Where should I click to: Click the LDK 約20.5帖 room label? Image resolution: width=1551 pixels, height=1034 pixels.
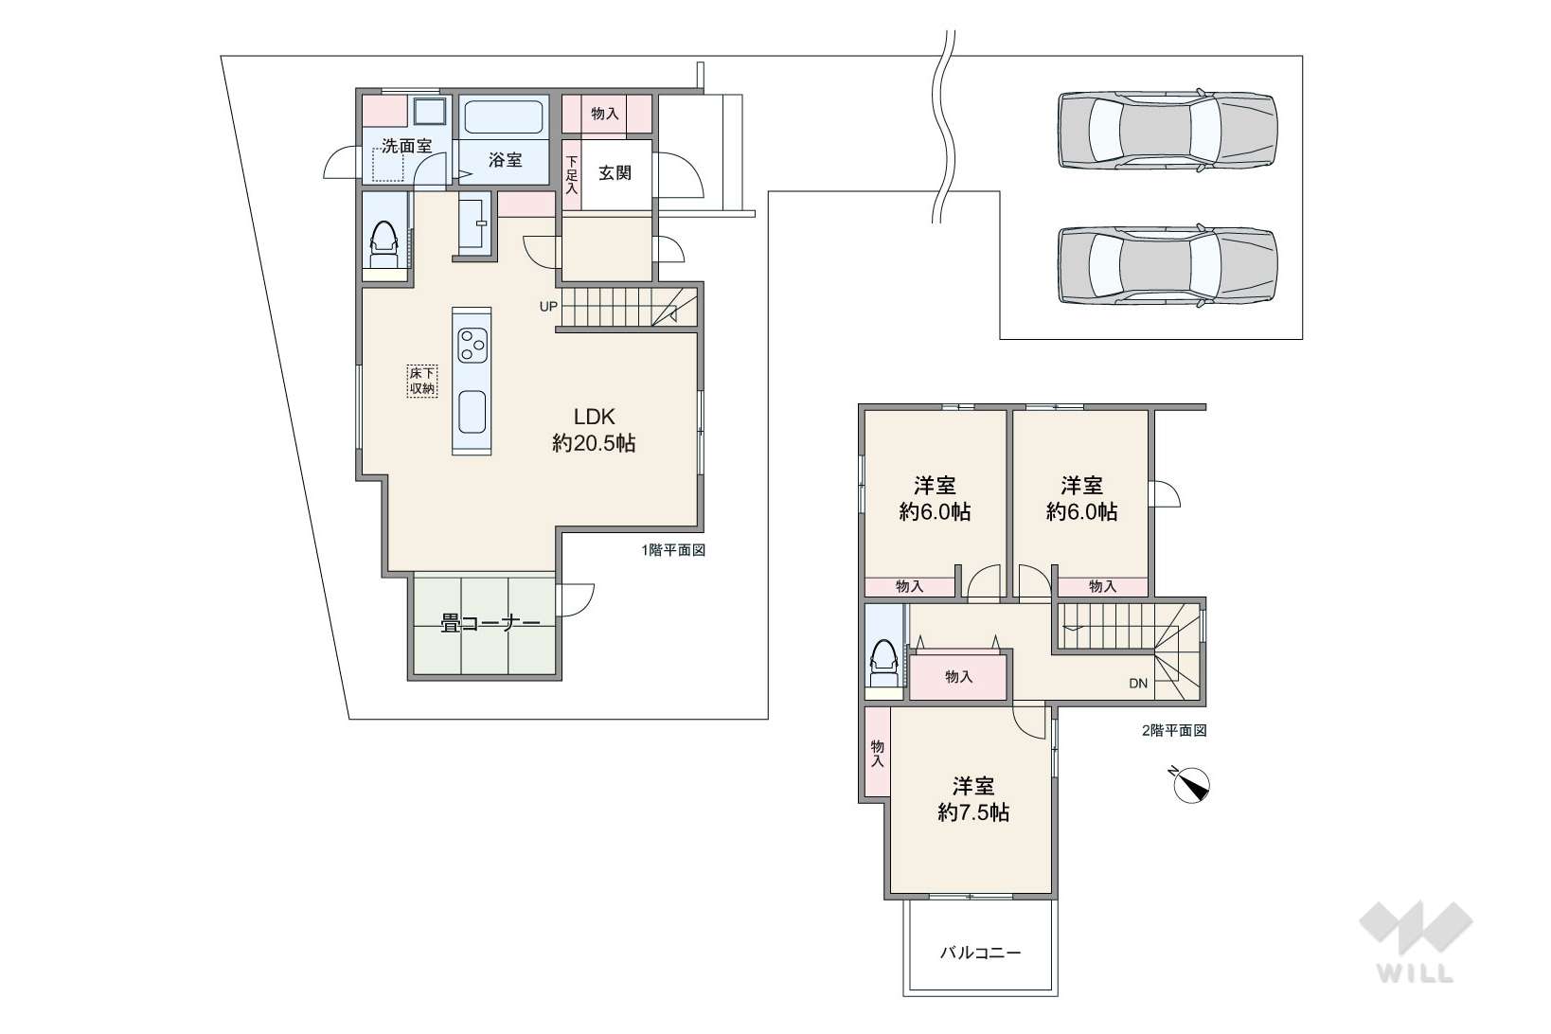click(594, 429)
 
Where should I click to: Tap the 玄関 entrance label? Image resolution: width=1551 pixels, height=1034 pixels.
click(615, 172)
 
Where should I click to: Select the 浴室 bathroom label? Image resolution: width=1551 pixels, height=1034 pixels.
click(505, 160)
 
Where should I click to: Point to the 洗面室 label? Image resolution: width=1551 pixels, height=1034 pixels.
click(406, 146)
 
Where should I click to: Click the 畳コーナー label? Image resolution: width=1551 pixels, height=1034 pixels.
click(490, 624)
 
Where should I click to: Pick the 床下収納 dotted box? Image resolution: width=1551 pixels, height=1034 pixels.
click(421, 381)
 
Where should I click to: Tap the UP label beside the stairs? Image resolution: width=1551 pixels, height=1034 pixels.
click(547, 306)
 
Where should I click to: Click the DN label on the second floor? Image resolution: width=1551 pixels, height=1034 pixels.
click(1138, 684)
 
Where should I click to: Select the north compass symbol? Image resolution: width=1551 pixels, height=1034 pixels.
click(1191, 785)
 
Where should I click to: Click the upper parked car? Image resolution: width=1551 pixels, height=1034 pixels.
click(1168, 130)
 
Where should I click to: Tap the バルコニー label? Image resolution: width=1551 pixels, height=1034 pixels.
click(980, 953)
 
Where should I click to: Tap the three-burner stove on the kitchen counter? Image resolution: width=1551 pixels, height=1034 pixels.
click(472, 345)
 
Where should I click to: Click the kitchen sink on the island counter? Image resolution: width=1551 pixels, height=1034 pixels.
click(472, 412)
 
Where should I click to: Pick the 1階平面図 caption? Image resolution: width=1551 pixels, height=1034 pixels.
click(673, 550)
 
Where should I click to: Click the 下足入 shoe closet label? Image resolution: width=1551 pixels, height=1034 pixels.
click(571, 173)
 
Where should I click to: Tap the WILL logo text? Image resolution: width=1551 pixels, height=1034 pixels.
click(1416, 973)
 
